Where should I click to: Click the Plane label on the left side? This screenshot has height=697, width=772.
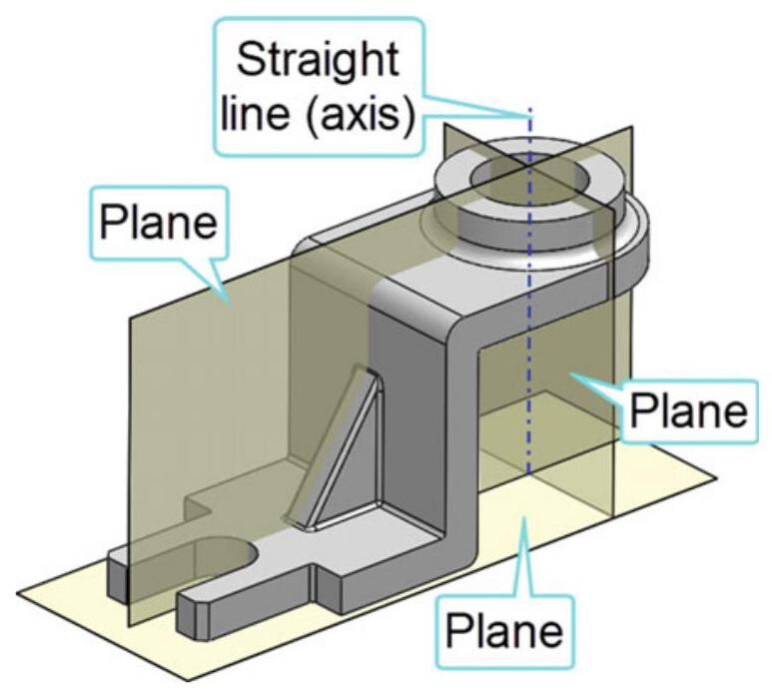(155, 221)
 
